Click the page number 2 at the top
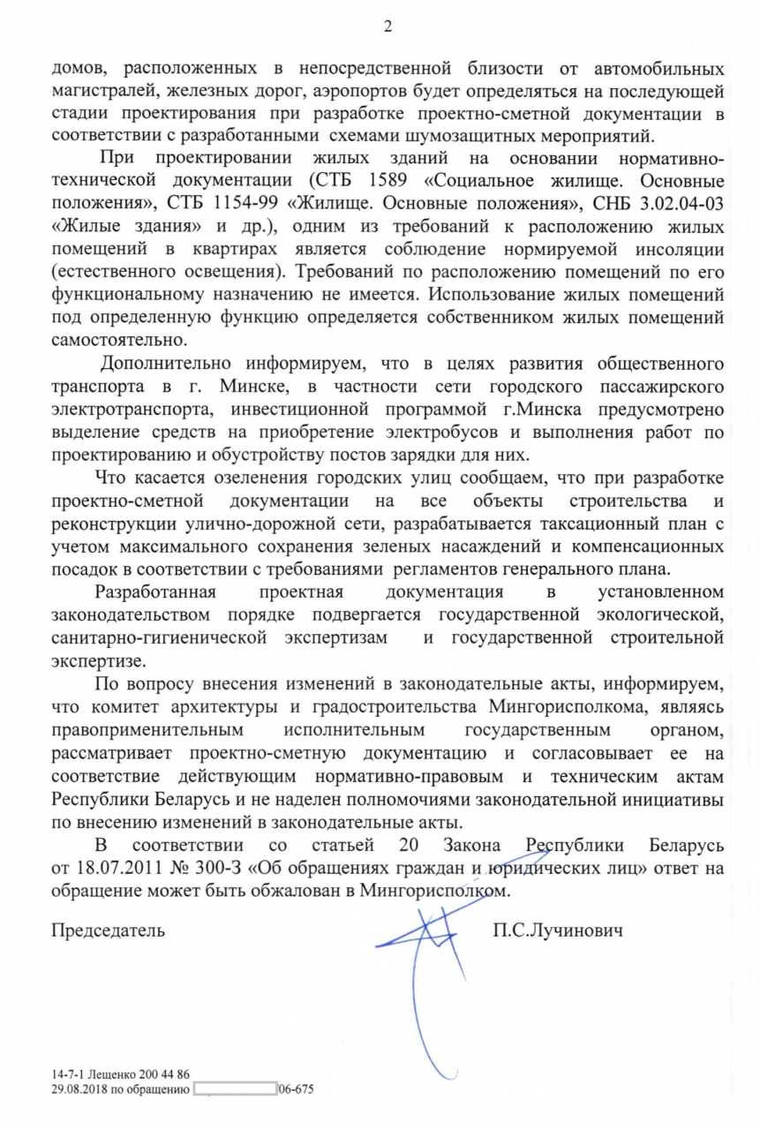[387, 27]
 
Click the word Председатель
[109, 930]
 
